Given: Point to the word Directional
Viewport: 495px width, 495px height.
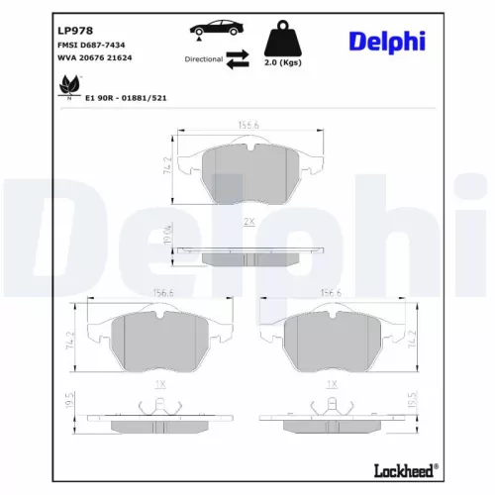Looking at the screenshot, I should point(203,59).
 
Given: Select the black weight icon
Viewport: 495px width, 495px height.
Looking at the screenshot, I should point(283,39).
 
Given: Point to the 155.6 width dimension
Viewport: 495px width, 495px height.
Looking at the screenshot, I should point(247,126).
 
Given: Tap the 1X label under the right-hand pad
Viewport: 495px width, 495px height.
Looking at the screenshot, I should point(334,382).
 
